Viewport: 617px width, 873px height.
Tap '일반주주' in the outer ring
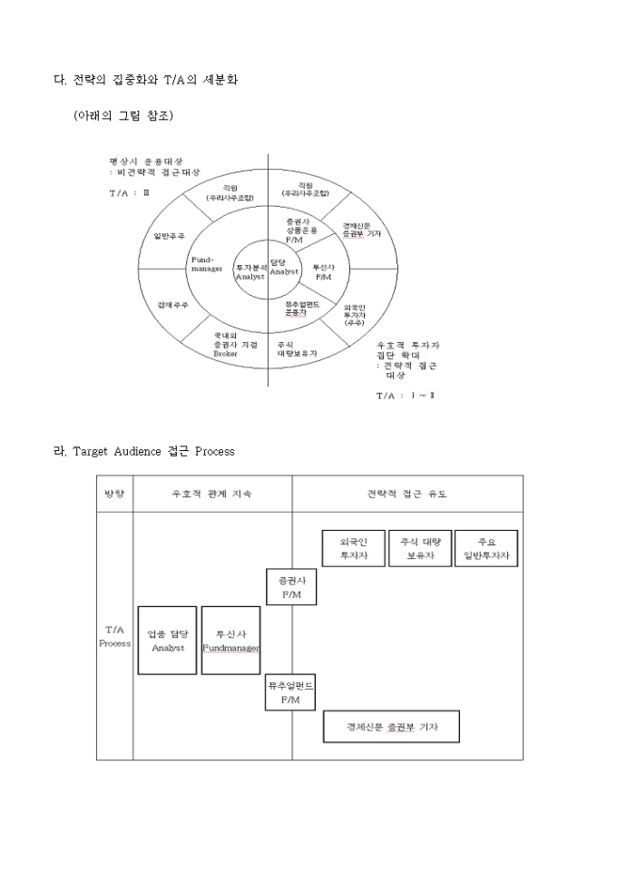pos(170,235)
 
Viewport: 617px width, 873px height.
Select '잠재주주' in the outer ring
pos(172,304)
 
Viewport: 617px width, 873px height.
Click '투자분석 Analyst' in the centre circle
pos(250,272)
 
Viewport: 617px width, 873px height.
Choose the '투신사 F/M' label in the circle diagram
pos(324,270)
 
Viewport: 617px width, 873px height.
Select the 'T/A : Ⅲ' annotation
pos(128,193)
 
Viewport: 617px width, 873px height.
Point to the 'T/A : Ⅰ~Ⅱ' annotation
pos(405,396)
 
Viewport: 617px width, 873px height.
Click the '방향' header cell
pos(114,494)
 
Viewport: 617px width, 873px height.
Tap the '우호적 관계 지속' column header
pos(212,494)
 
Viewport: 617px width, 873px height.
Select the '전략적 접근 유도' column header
pos(406,494)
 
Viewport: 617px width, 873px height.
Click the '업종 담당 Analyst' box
pos(167,641)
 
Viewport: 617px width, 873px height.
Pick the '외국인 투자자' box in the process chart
pos(354,548)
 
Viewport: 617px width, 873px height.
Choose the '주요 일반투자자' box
pos(486,548)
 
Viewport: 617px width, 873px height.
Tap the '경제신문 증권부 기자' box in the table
pos(391,727)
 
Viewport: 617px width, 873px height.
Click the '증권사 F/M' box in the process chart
pos(292,586)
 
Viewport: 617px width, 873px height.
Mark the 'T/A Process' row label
pos(114,635)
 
